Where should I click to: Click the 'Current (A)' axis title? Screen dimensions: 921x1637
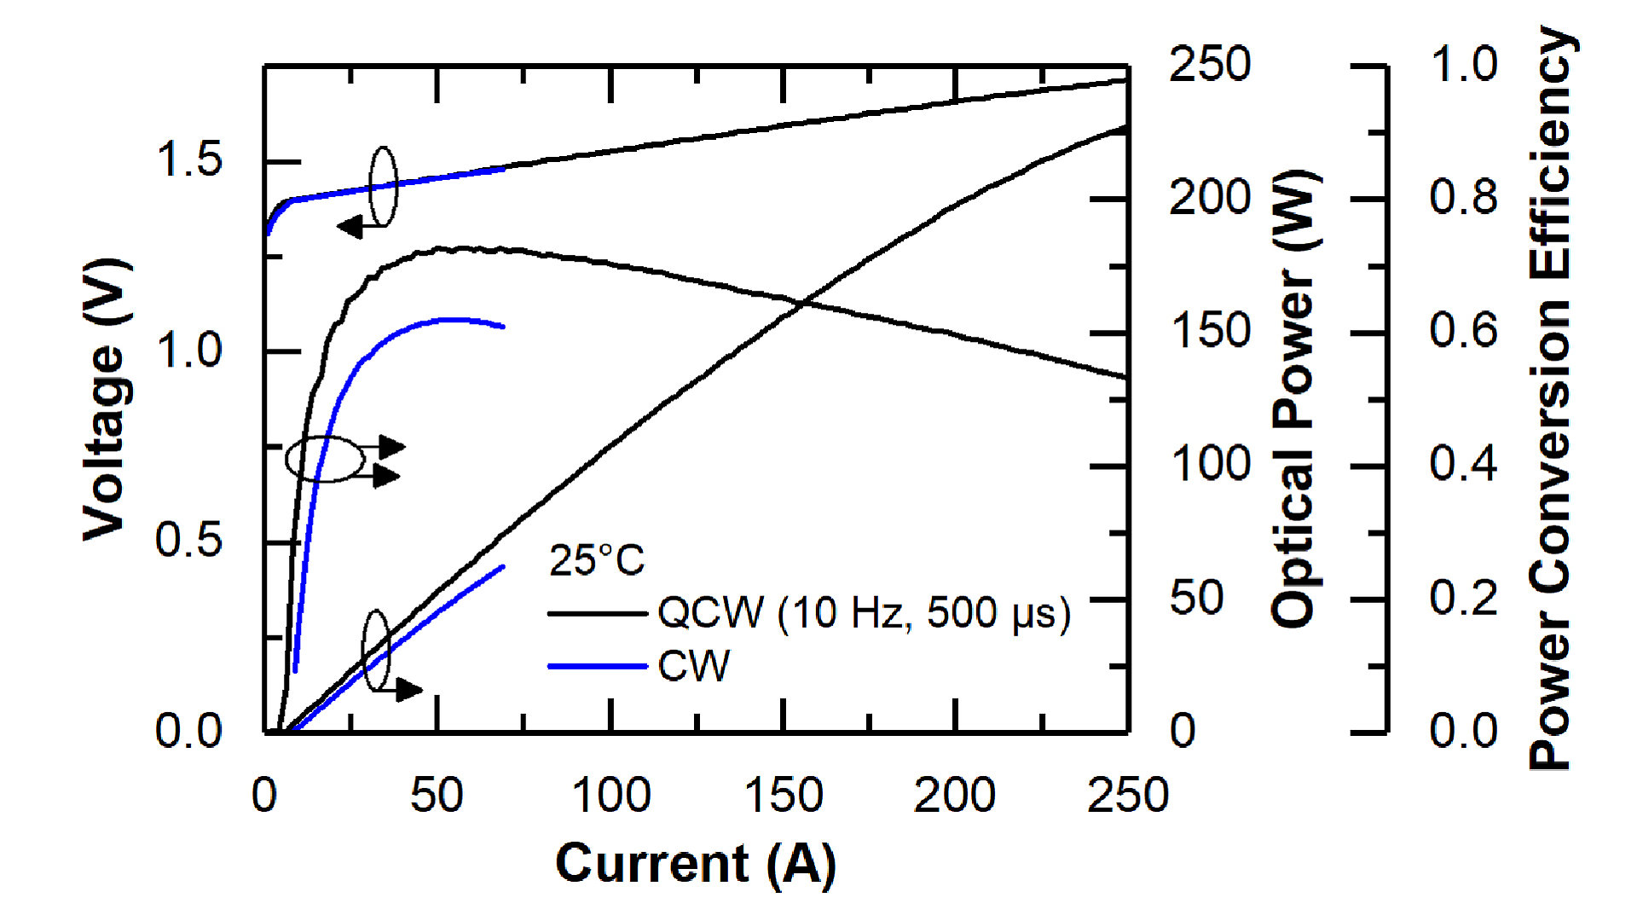pyautogui.click(x=695, y=863)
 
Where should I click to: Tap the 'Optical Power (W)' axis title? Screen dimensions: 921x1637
pyautogui.click(x=1294, y=399)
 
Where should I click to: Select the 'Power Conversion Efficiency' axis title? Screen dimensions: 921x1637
pyautogui.click(x=1550, y=399)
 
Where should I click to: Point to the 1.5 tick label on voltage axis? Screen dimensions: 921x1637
pyautogui.click(x=189, y=160)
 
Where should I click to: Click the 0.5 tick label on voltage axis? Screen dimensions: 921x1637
pyautogui.click(x=189, y=541)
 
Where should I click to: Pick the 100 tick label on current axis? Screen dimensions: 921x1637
pyautogui.click(x=610, y=796)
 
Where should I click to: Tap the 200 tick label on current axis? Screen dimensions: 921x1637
pyautogui.click(x=955, y=796)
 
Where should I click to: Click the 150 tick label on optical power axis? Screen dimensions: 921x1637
pyautogui.click(x=1209, y=331)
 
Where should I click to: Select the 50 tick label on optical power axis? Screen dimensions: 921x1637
pyautogui.click(x=1196, y=598)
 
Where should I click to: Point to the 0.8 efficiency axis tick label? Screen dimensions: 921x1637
pyautogui.click(x=1463, y=198)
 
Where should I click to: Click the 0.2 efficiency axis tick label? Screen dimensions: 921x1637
pyautogui.click(x=1463, y=598)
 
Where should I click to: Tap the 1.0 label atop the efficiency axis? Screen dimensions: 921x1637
pyautogui.click(x=1463, y=65)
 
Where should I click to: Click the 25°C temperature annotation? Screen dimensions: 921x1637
pyautogui.click(x=597, y=561)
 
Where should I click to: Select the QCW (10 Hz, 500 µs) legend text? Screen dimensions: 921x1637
pyautogui.click(x=863, y=612)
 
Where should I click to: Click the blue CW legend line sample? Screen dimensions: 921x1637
pyautogui.click(x=597, y=666)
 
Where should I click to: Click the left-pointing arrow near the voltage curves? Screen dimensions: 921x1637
pyautogui.click(x=352, y=227)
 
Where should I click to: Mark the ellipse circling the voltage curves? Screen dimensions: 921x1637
pyautogui.click(x=384, y=187)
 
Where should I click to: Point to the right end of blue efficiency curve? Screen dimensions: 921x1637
pyautogui.click(x=503, y=327)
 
